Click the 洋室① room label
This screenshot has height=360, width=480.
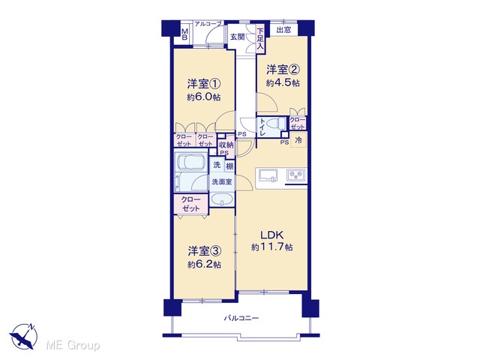(x=203, y=83)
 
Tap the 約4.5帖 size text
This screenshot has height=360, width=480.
(x=283, y=83)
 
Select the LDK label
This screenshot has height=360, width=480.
(x=271, y=235)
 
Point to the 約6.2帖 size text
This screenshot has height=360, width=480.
(x=204, y=265)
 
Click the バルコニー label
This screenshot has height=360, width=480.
(x=241, y=318)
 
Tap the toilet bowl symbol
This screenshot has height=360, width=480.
(x=277, y=124)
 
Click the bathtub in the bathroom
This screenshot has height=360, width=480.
(x=191, y=161)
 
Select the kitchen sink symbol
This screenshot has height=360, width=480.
(x=268, y=176)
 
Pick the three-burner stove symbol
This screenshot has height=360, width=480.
(x=295, y=175)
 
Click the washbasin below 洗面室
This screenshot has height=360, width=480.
(x=222, y=199)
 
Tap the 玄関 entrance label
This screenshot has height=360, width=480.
(x=237, y=37)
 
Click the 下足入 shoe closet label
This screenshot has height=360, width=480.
(x=260, y=39)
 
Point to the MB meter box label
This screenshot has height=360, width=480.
(x=184, y=34)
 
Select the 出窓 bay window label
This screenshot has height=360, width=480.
(x=283, y=30)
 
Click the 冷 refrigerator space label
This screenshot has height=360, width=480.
(x=298, y=140)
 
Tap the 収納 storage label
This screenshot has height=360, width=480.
(x=226, y=145)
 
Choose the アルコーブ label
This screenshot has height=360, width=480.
(x=208, y=24)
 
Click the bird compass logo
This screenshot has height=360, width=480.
(x=23, y=336)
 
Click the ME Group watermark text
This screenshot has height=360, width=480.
(x=73, y=346)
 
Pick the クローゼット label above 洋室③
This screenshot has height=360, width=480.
(x=190, y=204)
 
